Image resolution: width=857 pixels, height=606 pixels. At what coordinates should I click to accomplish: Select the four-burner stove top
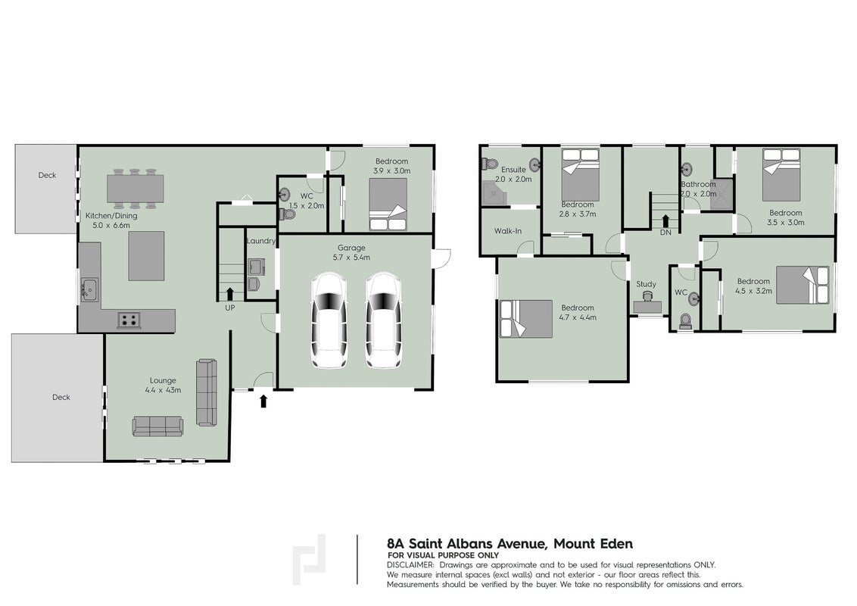(x=129, y=320)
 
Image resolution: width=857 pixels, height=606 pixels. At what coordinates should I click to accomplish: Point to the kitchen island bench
(x=146, y=256)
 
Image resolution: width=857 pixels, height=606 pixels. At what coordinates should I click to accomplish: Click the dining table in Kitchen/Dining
(x=135, y=189)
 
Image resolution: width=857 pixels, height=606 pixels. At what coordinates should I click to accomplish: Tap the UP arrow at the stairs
(x=229, y=294)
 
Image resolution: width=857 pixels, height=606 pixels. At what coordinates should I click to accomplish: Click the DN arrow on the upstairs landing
(x=665, y=221)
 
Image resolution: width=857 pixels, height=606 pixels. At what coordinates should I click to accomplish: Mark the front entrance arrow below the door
(x=263, y=401)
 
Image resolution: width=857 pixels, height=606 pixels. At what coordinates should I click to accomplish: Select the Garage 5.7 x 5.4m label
(x=351, y=252)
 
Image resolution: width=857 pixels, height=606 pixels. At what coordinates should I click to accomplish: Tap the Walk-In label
(x=508, y=231)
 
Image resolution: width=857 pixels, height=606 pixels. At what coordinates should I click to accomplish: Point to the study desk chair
(x=647, y=296)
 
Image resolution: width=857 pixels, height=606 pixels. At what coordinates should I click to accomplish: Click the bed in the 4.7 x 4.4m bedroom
(x=526, y=318)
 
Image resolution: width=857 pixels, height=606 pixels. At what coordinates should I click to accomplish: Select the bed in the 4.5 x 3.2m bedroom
(x=802, y=285)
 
